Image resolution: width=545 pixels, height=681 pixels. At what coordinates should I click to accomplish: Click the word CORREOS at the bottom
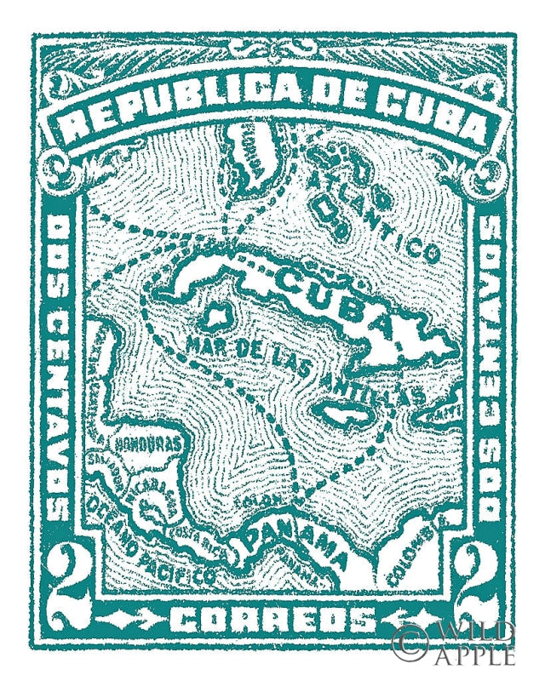pyautogui.click(x=272, y=619)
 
